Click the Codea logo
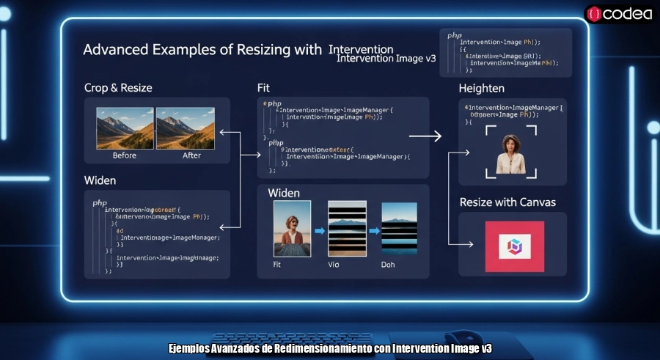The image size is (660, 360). point(619,13)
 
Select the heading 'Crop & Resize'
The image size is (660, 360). point(118,88)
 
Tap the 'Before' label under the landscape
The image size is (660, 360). point(125,155)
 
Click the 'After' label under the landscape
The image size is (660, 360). point(191,155)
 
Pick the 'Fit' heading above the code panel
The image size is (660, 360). point(263,88)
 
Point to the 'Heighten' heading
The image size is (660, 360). point(481,88)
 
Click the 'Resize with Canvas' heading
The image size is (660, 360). point(507,202)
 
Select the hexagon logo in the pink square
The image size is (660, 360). point(514,247)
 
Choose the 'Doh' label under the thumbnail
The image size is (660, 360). point(388,264)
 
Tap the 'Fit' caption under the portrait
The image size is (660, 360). point(276,264)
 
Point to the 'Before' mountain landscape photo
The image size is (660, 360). point(125,129)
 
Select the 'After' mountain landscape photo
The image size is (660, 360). point(185,129)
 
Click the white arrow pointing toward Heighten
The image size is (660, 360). point(425,136)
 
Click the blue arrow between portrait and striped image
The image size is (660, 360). point(319,231)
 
